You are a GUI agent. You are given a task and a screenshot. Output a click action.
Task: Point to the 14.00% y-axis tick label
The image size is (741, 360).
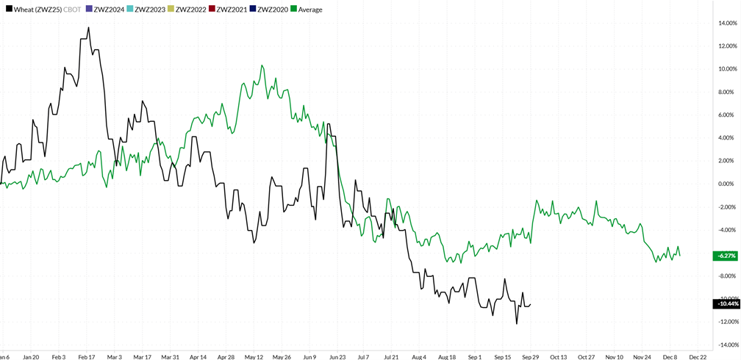[x=727, y=24]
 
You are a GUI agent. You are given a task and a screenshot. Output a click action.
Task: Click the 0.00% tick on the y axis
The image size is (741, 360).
[x=728, y=184]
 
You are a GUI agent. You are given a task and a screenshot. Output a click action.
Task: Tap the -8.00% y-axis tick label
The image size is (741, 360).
[x=727, y=276]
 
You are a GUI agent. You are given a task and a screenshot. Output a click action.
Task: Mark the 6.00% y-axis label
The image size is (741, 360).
[x=728, y=115]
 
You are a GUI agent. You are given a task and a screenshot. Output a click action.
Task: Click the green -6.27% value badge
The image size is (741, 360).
[x=726, y=256]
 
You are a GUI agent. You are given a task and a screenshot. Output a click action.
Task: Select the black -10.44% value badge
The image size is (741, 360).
[x=726, y=303]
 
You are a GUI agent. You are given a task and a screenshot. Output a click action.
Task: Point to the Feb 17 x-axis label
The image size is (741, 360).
[x=87, y=357]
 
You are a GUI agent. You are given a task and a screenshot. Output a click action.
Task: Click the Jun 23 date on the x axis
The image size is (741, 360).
[x=338, y=357]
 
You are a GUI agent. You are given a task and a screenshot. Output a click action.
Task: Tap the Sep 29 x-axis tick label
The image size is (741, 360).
[x=531, y=357]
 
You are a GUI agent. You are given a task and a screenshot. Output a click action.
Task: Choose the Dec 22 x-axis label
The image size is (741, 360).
[x=698, y=357]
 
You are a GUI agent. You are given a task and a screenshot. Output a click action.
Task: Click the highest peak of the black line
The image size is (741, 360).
[x=89, y=28]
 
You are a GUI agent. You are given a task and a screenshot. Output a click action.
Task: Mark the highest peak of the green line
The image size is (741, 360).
[x=262, y=65]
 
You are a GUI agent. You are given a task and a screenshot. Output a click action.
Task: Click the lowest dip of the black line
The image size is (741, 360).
[x=517, y=323]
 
